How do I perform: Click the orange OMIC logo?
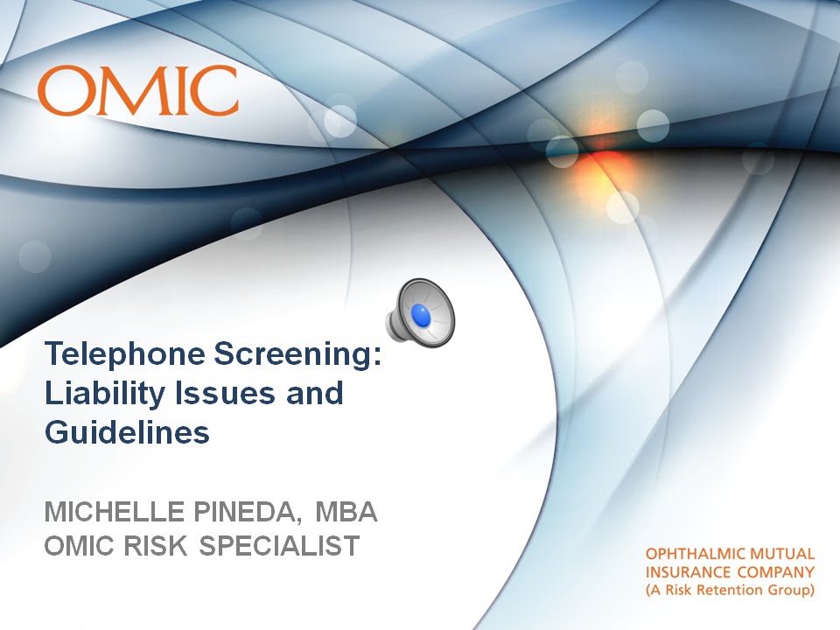click(x=138, y=91)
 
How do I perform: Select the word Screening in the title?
click(x=296, y=354)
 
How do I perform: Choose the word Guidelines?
click(x=127, y=432)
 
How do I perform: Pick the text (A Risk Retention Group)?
click(x=729, y=591)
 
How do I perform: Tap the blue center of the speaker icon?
click(x=423, y=317)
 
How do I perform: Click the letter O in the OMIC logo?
click(x=62, y=91)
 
